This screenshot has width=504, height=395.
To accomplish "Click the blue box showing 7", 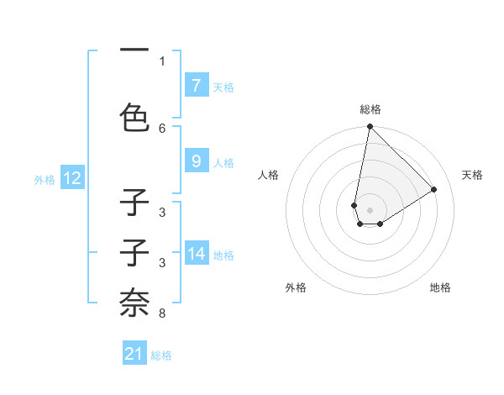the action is [196, 85].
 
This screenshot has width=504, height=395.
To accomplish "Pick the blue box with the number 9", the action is [196, 161].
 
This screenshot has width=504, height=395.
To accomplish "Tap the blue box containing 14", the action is [196, 253].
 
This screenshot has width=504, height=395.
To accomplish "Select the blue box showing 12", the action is [71, 178].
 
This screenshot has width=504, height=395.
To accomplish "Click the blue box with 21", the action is [134, 354].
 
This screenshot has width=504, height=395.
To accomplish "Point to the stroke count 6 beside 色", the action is [162, 128].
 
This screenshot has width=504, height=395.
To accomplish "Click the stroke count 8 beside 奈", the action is [162, 313].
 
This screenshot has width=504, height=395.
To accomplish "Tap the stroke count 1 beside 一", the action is [162, 61].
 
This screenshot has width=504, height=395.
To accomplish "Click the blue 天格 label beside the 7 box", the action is [223, 87].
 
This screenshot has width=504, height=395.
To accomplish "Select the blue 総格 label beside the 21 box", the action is [161, 355].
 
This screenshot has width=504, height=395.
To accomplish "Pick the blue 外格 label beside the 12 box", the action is [45, 179].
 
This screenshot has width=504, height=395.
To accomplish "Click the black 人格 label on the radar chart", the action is [269, 175].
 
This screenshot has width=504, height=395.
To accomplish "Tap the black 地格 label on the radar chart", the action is [440, 287].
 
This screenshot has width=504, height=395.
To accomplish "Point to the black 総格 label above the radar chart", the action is [370, 109].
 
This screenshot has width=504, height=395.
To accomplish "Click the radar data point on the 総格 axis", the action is [370, 127].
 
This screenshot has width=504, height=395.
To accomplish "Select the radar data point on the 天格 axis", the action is [434, 189].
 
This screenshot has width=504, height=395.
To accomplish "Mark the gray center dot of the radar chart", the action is [370, 209].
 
